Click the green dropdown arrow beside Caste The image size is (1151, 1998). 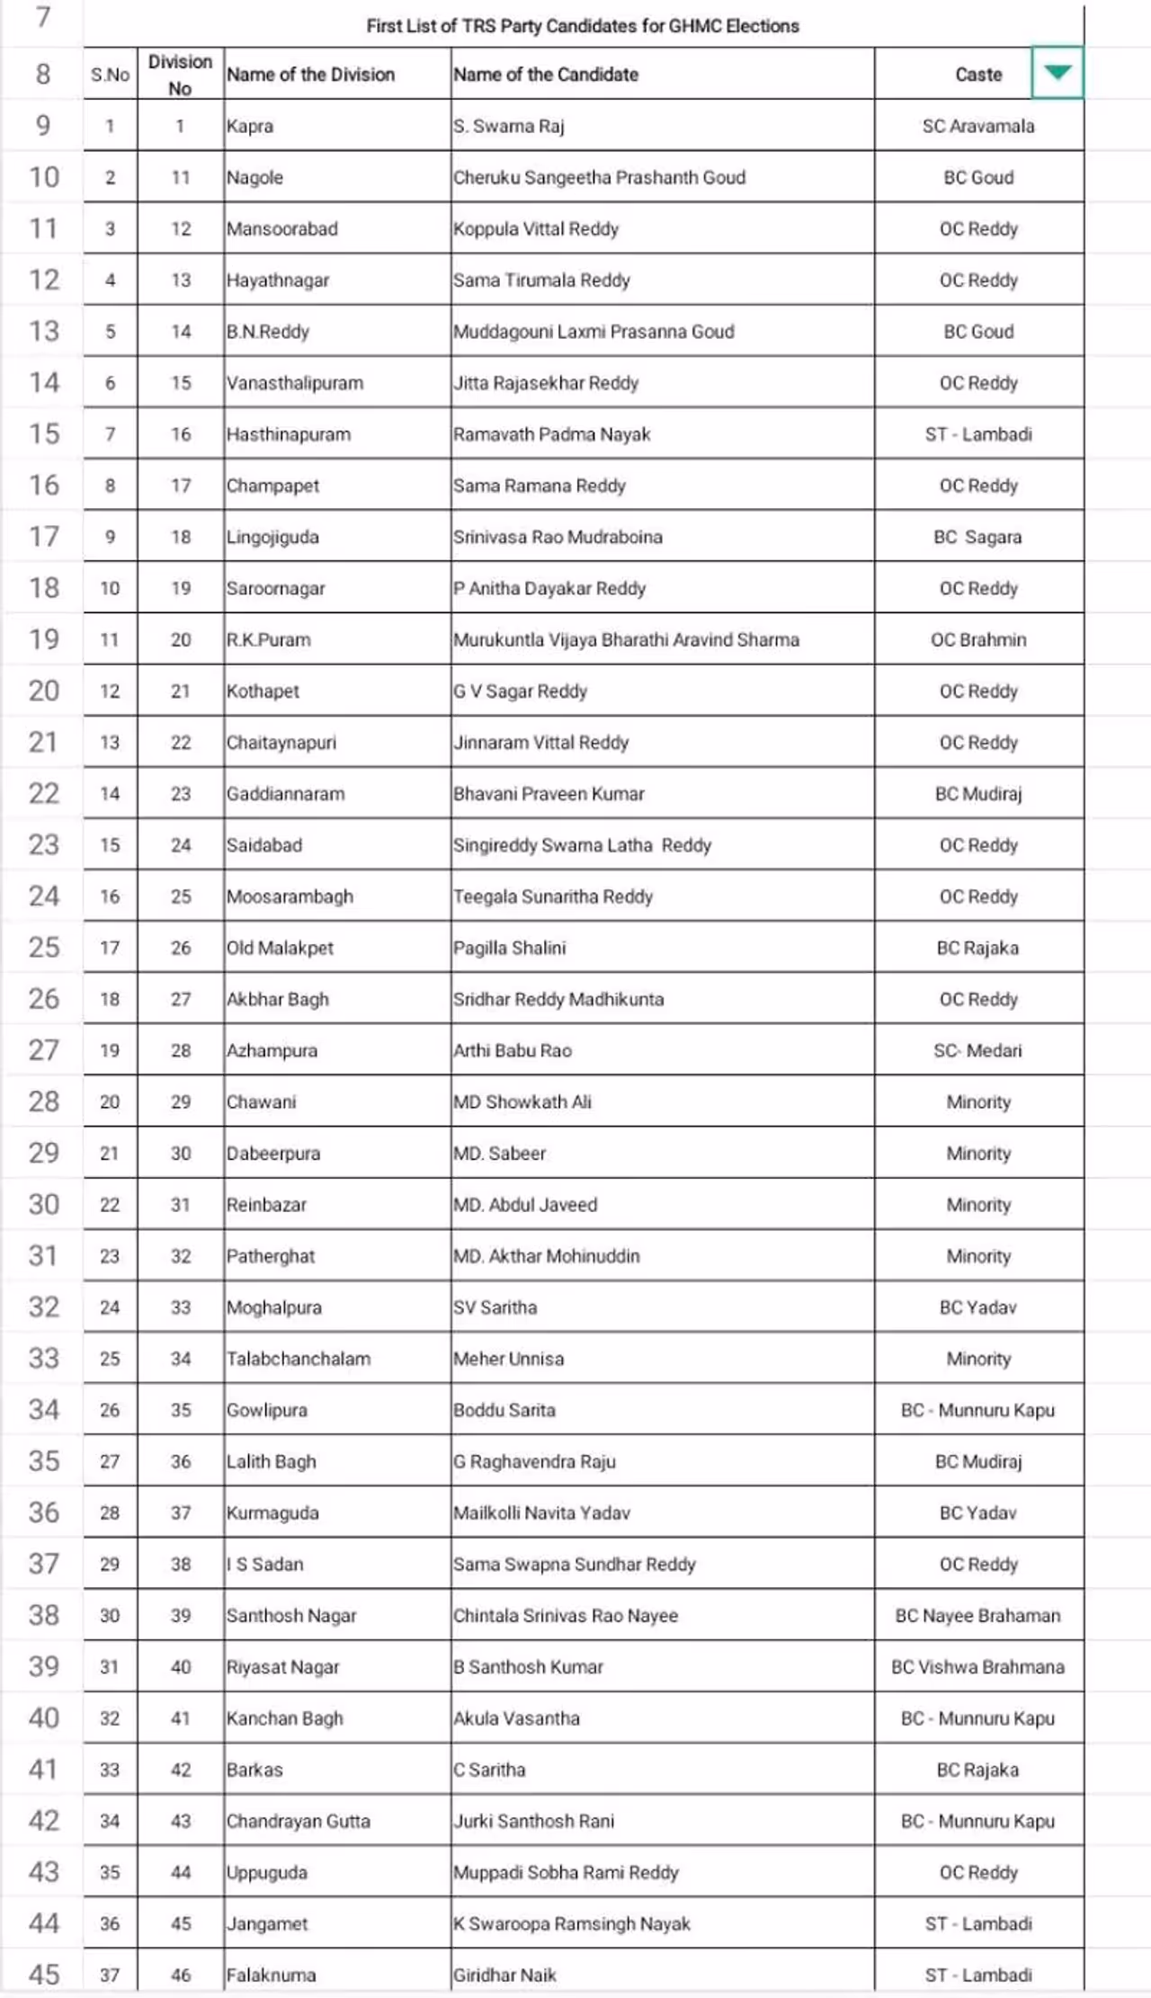point(1057,73)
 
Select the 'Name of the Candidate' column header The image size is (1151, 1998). point(546,75)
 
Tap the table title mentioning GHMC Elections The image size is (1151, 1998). point(583,26)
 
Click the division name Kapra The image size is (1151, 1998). point(250,126)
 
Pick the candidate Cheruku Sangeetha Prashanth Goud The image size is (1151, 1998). point(599,177)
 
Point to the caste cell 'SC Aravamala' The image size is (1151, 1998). point(978,126)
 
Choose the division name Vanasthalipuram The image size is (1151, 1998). point(295,383)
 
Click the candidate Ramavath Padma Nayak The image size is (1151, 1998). point(551,434)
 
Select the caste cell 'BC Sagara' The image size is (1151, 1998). point(977,537)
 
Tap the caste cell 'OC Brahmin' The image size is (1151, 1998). point(978,639)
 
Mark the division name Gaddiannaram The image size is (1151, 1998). point(285,794)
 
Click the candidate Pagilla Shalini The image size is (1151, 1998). point(510,948)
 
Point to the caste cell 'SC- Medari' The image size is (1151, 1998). point(977,1050)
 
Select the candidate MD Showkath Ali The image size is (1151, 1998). point(522,1102)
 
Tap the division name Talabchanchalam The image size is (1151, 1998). point(299,1359)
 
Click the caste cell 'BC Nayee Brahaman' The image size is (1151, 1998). point(977,1615)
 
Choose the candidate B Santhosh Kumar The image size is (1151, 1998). point(528,1666)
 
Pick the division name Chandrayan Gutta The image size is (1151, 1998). point(299,1821)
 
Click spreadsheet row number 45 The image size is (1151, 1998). point(43,1975)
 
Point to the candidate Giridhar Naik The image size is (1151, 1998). point(504,1975)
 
